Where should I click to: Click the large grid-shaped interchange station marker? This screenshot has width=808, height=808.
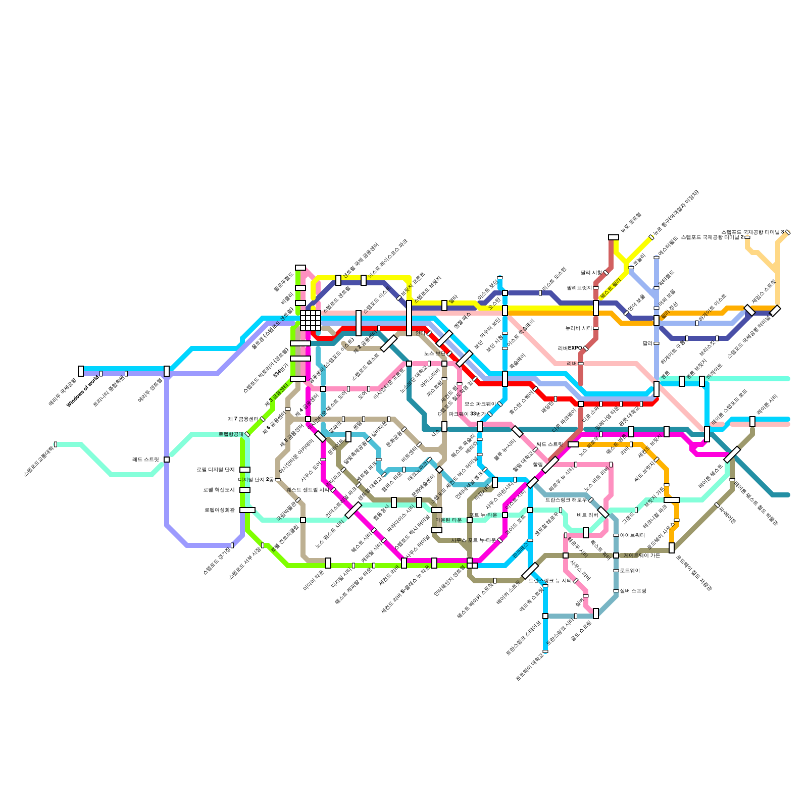pos(310,320)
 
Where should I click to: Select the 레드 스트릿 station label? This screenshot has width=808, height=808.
pos(145,460)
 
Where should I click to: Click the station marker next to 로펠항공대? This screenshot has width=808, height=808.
pos(247,434)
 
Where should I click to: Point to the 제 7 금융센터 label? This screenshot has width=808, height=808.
pos(243,419)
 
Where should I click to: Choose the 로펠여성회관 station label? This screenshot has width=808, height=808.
pos(220,510)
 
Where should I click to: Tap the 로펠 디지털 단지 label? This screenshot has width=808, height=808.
pos(216,470)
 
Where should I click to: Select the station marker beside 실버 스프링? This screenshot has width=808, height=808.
pos(616,591)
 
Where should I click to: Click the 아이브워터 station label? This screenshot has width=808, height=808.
pos(632,535)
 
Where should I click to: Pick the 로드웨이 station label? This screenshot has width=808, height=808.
pos(630,571)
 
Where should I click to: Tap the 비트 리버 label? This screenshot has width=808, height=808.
pos(587,515)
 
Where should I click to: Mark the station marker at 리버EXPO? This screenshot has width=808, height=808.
pos(586,348)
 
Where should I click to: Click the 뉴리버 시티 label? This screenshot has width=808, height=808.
pos(579,328)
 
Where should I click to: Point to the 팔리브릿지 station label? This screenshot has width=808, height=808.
pos(579,288)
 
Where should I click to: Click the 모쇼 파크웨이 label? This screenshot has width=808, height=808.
pos(480,404)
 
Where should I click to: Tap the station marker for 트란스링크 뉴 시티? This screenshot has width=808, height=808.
pos(575,581)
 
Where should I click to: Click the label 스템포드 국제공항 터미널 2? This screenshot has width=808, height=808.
pos(712,237)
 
